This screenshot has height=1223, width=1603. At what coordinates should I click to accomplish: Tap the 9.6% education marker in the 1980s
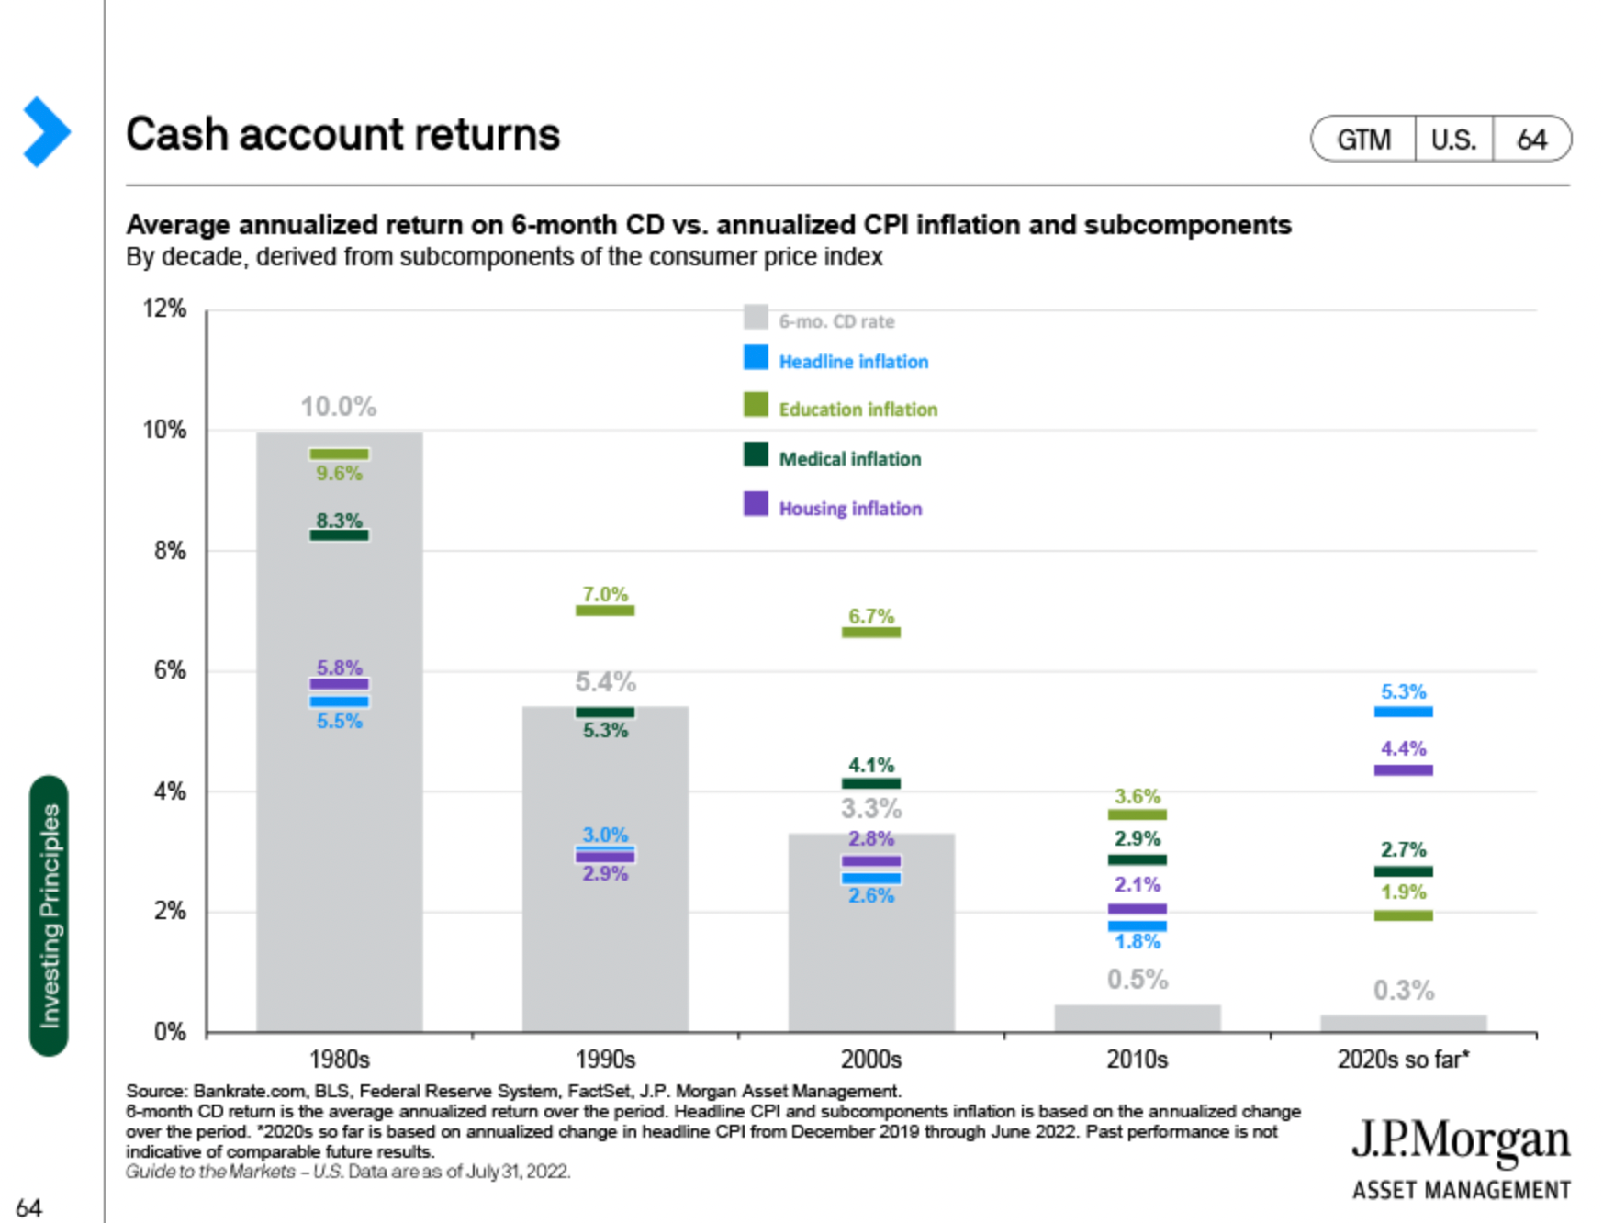339,454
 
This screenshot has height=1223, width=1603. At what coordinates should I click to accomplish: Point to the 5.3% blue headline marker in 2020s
1403,712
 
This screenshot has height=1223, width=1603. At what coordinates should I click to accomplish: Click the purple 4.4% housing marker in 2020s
1403,770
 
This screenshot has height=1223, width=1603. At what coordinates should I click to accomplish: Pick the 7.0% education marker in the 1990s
605,611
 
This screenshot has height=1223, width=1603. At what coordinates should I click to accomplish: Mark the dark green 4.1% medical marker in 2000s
870,783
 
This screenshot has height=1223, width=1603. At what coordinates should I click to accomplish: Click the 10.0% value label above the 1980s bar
339,406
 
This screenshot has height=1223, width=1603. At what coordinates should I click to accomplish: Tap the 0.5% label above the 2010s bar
1137,980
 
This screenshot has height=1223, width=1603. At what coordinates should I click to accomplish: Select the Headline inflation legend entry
853,362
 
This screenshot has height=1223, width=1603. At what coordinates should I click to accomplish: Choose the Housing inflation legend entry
849,509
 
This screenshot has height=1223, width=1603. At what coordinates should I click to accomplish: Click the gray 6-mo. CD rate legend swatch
756,318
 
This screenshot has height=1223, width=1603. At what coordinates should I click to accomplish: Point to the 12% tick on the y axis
164,309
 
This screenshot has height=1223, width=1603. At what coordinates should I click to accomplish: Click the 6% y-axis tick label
170,670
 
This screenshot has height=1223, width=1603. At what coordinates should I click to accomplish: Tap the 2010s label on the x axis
1137,1060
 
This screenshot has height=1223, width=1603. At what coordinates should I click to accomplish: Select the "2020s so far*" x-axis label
1403,1060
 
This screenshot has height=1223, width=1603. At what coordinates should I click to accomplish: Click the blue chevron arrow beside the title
46,132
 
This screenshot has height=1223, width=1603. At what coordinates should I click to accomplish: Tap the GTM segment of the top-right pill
1363,140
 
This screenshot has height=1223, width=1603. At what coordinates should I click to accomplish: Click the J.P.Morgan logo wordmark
1460,1141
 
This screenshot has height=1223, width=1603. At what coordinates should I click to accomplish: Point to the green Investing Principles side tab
49,915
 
